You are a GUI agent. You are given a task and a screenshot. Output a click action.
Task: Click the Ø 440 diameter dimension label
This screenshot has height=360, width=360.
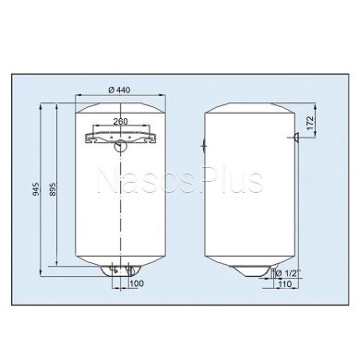point(120,89)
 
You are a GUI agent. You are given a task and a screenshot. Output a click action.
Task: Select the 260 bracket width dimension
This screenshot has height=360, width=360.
point(120,120)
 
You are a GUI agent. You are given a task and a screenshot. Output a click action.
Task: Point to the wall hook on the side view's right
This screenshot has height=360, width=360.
point(293,137)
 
